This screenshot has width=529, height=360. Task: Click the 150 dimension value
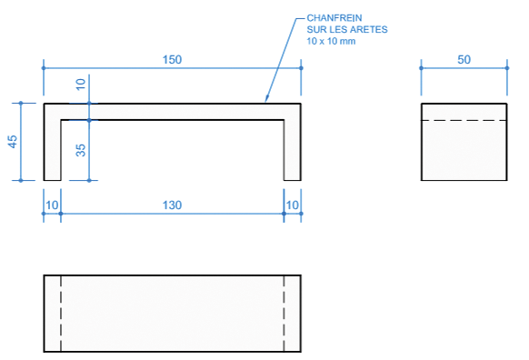click(173, 60)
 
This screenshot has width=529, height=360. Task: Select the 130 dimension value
click(173, 206)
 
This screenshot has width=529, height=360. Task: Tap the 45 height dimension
click(13, 141)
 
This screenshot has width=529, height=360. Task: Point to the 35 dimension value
click(80, 150)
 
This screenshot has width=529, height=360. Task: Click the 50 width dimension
click(464, 60)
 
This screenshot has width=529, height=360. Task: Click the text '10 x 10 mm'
click(334, 42)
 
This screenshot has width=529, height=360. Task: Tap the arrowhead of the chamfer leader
click(265, 100)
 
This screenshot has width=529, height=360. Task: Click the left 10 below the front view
click(53, 206)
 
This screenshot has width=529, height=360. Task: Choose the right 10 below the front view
click(292, 206)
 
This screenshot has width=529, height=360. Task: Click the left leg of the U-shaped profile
click(53, 150)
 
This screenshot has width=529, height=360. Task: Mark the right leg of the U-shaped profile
click(292, 150)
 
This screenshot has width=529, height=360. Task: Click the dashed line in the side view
click(464, 120)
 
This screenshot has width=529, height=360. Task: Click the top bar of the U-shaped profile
click(173, 112)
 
